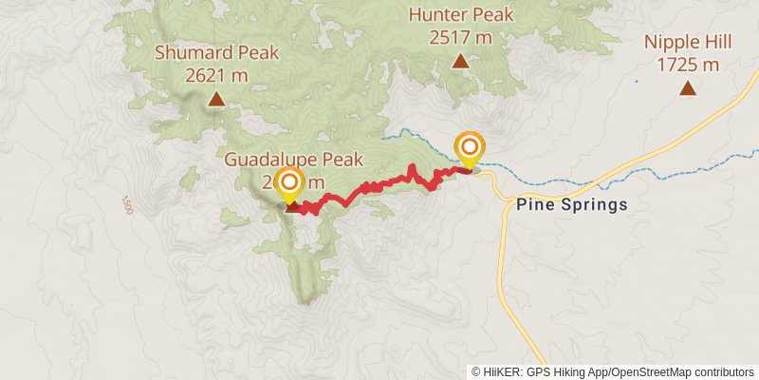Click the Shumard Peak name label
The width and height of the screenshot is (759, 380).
(x=217, y=53)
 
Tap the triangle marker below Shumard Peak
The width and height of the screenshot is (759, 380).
(x=217, y=99)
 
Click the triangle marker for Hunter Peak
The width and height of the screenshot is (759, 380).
(x=460, y=62)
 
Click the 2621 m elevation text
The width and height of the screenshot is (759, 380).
(x=217, y=74)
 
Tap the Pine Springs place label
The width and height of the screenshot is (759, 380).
(x=572, y=204)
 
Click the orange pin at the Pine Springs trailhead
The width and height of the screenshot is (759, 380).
(x=470, y=147)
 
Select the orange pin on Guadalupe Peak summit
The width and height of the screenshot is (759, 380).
(x=289, y=182)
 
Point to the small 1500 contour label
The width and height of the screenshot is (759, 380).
(x=127, y=204)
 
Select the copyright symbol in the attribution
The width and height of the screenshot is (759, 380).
(x=477, y=371)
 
